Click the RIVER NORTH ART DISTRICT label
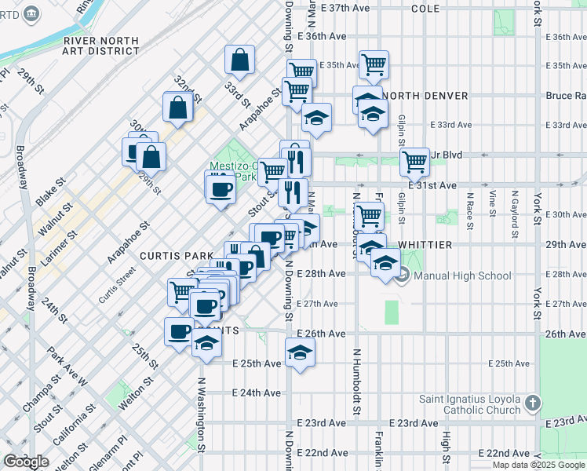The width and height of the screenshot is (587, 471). (102, 46)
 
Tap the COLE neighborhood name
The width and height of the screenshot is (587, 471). (425, 9)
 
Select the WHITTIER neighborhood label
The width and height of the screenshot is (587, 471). (425, 245)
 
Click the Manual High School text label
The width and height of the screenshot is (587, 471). (462, 276)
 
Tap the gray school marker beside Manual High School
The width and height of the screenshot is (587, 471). (403, 276)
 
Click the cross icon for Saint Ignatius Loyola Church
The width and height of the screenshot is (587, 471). (533, 403)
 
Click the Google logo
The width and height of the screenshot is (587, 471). (27, 462)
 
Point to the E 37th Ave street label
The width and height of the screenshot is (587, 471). (343, 8)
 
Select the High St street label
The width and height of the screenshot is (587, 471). (446, 447)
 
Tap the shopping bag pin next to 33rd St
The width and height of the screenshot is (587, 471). (239, 59)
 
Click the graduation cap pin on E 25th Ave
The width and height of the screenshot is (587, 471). (299, 352)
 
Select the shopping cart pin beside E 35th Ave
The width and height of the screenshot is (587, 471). (374, 64)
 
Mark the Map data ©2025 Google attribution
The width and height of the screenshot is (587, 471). (538, 465)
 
